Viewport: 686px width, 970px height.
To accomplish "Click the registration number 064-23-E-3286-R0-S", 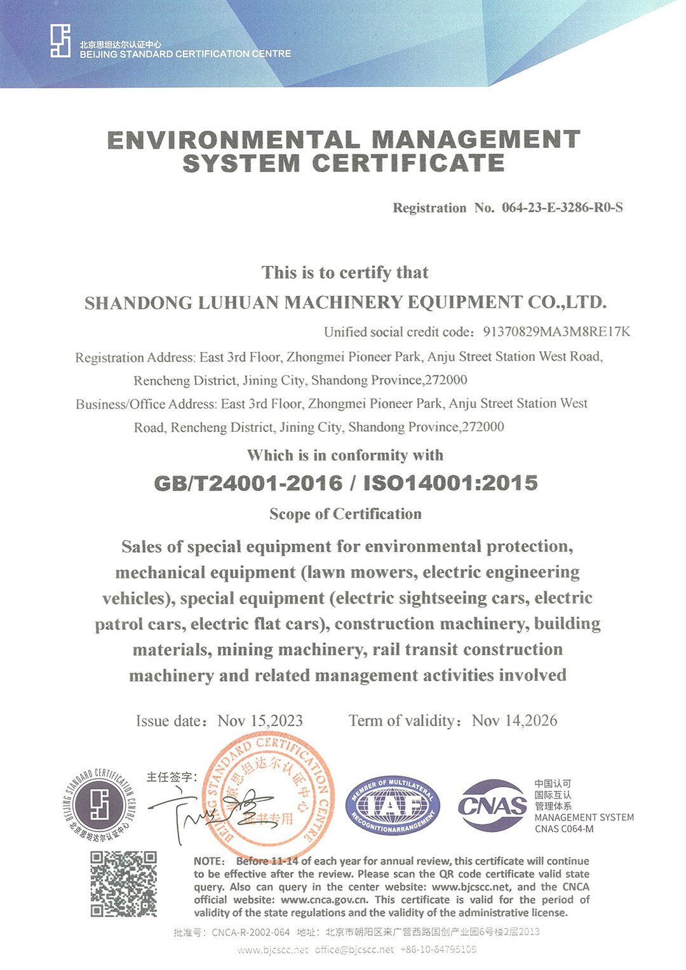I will coord(562,208).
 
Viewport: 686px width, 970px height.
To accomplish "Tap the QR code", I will coord(123,884).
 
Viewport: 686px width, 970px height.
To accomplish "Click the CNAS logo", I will coord(492,805).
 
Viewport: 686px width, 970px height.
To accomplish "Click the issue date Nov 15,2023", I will coord(260,721).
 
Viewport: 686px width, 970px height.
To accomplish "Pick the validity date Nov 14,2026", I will coord(514,720).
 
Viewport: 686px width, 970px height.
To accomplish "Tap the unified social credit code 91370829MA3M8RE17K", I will coord(556,332).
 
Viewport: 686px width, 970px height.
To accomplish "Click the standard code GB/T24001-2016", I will coord(248,483).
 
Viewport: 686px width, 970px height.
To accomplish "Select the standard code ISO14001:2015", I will coord(450,483).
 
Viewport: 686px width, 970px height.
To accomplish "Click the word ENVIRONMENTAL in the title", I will coord(233,140).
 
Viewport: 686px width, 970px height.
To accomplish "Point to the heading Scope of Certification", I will coord(345,514).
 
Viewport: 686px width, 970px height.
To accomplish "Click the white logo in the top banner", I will coord(60,41).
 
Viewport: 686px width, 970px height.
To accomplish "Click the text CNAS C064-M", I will coord(564,829).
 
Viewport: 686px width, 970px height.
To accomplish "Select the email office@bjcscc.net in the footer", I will coord(354,950).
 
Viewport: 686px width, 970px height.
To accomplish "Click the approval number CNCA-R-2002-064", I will coord(250,933).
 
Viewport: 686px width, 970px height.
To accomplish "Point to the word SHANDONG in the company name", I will coord(138,303).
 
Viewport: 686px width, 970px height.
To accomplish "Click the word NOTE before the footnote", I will coord(209,861).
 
